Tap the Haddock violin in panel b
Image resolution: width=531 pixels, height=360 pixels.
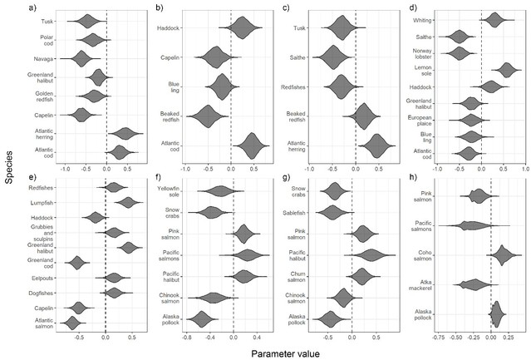242,27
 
